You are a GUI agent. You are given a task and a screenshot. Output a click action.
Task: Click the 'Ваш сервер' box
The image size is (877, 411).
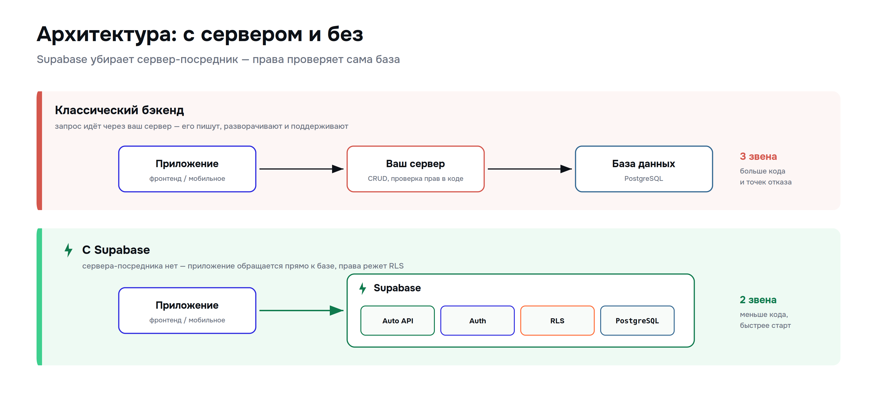pos(415,169)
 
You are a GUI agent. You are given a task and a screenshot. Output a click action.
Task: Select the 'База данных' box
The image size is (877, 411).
pos(644,169)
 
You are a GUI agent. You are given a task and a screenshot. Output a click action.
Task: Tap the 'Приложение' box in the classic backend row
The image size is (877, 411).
pos(187,169)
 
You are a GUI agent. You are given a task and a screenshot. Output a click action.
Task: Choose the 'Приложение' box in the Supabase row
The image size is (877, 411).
pos(187,311)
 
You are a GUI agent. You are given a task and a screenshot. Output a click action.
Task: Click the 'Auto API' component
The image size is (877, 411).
pos(398,321)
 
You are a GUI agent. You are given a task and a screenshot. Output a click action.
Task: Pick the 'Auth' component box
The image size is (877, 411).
pos(477,321)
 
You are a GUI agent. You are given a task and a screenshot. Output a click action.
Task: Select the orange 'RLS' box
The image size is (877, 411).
pos(557,321)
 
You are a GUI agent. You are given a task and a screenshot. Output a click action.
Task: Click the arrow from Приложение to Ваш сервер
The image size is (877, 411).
pos(301,169)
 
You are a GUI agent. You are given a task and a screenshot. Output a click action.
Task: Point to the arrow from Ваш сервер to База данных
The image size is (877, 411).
pos(530,169)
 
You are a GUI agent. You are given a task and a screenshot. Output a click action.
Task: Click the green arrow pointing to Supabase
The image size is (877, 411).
pos(301,310)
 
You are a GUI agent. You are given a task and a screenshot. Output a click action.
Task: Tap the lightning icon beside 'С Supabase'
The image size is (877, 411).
pos(69,250)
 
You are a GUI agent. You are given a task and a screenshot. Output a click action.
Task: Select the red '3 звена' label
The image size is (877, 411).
pos(758,156)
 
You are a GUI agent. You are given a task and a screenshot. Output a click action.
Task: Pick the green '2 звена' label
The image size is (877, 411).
pos(758,300)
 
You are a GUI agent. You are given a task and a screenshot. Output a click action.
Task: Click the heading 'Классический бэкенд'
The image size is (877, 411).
pos(119,110)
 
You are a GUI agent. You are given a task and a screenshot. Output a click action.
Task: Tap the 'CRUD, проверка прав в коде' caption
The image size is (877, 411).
pos(415,179)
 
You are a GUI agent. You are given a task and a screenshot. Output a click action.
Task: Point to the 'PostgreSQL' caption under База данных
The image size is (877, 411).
pos(643,179)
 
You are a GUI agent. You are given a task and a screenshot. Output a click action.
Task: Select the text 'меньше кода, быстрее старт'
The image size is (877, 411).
pos(765,320)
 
